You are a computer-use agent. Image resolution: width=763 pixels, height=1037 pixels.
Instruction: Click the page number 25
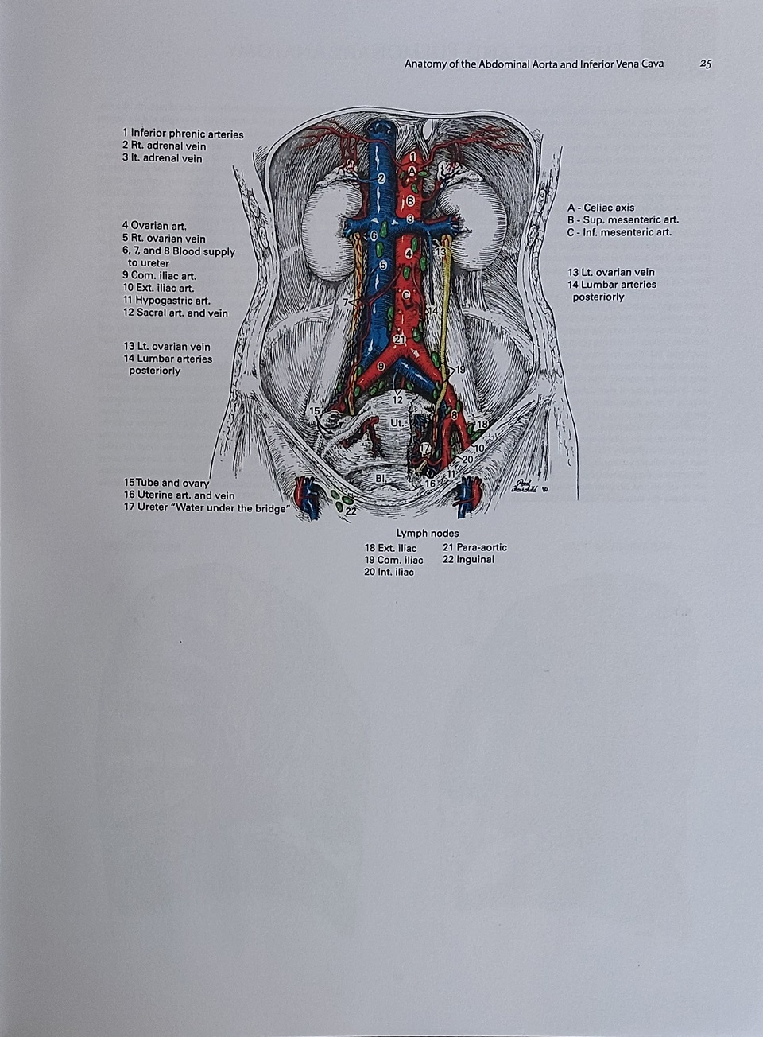pyautogui.click(x=706, y=64)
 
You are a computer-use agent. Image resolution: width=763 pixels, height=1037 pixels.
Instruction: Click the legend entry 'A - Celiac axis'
pyautogui.click(x=601, y=208)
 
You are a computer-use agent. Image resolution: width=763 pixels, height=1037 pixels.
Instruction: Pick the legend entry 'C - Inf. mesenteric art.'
pyautogui.click(x=620, y=232)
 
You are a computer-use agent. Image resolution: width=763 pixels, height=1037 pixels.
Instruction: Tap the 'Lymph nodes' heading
pyautogui.click(x=428, y=534)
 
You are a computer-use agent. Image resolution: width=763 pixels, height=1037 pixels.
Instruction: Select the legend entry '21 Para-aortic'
pyautogui.click(x=474, y=547)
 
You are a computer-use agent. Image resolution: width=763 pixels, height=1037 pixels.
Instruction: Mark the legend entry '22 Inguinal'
pyautogui.click(x=469, y=559)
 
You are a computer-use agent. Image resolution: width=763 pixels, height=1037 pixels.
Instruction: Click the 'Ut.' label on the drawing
pyautogui.click(x=397, y=423)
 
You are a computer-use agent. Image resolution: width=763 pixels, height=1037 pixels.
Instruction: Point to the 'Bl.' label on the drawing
pyautogui.click(x=381, y=478)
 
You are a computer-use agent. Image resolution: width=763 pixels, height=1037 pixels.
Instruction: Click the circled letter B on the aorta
pyautogui.click(x=410, y=201)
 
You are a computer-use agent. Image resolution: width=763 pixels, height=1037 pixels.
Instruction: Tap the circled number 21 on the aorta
pyautogui.click(x=399, y=340)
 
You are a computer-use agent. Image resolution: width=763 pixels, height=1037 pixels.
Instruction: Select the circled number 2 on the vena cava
pyautogui.click(x=381, y=178)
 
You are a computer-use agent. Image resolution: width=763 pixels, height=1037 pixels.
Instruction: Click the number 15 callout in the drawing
pyautogui.click(x=315, y=411)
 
